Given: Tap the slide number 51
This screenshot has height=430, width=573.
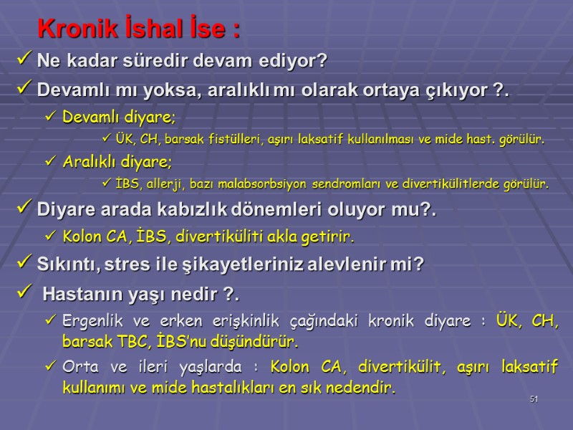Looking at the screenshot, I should click(534, 399).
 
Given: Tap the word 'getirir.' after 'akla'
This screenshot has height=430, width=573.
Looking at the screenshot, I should click(330, 236).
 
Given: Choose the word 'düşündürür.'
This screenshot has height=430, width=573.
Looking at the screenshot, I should click(252, 342).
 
